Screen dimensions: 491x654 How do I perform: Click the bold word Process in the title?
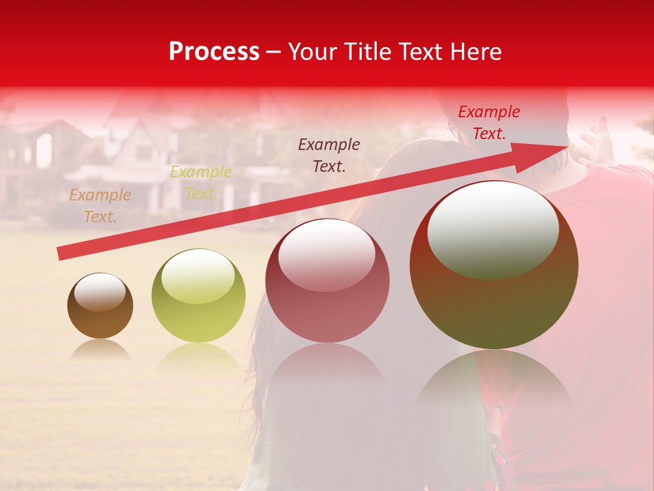tap(214, 52)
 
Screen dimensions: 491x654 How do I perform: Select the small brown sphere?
tap(100, 306)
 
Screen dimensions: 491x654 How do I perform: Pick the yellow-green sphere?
tap(198, 296)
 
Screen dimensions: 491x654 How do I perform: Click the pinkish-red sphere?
tap(327, 280)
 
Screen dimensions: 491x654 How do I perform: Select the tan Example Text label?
tap(100, 206)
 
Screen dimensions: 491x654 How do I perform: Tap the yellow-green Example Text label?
tap(201, 182)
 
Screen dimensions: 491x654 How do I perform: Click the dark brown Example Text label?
tap(329, 155)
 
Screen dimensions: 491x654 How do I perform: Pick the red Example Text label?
tap(489, 123)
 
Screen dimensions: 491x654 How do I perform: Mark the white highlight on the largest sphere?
tap(493, 229)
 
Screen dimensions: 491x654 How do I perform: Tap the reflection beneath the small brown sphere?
tap(100, 350)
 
